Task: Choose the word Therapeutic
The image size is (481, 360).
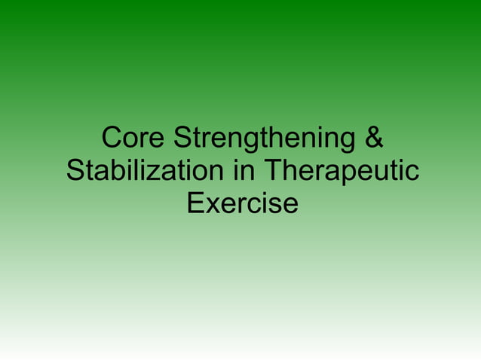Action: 341,172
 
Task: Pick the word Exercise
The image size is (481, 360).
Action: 241,203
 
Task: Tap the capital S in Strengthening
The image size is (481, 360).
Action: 182,139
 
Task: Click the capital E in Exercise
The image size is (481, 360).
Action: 195,203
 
